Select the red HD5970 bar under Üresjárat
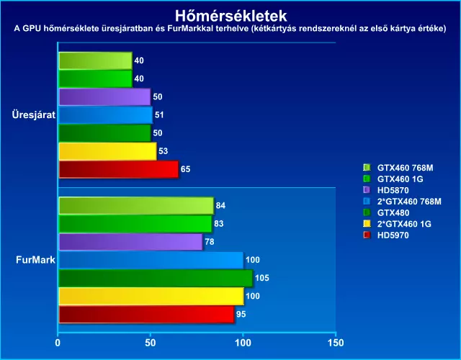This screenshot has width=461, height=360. (117, 169)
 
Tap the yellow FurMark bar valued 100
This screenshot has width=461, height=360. (151, 296)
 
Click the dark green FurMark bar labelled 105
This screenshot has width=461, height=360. (155, 278)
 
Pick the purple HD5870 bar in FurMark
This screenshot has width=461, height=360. (130, 242)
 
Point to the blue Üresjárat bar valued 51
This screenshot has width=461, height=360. (105, 114)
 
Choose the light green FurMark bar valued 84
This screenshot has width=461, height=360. (135, 206)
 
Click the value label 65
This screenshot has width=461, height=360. (186, 169)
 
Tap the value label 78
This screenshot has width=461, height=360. (210, 242)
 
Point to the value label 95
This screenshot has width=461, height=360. (243, 314)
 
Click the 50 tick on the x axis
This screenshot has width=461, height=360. (150, 343)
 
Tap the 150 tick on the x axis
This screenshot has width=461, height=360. (334, 343)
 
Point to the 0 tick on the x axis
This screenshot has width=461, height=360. (58, 343)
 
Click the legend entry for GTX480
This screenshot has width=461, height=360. (393, 212)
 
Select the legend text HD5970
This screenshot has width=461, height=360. (393, 235)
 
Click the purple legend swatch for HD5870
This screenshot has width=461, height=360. (367, 190)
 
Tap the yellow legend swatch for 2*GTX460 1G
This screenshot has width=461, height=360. (367, 224)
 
